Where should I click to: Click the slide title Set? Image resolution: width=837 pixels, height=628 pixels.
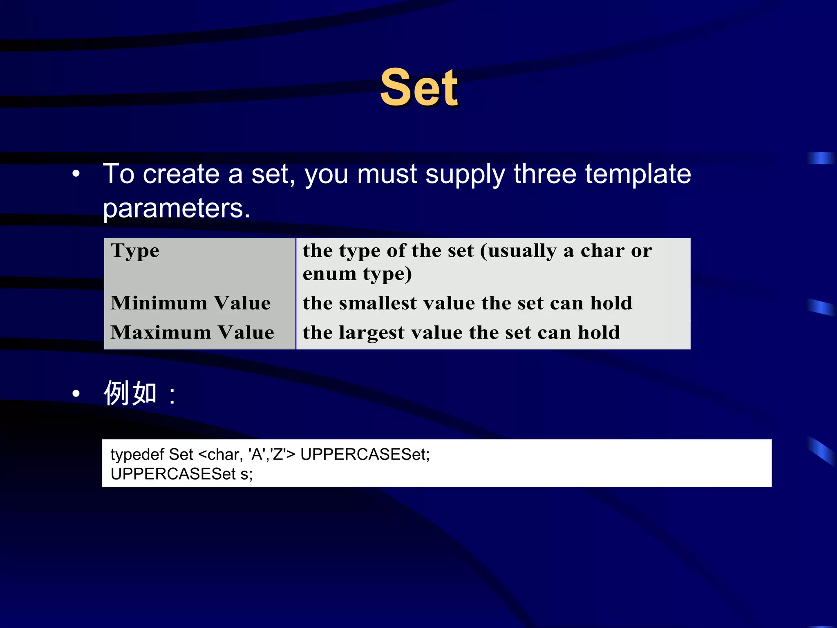tap(419, 87)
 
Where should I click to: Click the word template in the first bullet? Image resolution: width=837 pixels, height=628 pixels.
tap(638, 174)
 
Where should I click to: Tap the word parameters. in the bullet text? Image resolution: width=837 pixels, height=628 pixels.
tap(176, 209)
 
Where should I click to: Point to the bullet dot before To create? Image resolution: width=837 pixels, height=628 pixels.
tap(76, 174)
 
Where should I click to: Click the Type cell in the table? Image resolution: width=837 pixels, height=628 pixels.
tap(135, 251)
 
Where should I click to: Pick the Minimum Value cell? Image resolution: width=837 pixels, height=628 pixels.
tap(190, 303)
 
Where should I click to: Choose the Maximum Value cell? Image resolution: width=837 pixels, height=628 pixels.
tap(192, 332)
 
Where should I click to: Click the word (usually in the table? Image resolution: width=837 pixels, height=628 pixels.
tap(518, 251)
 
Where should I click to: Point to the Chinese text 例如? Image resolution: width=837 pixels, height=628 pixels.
tap(130, 393)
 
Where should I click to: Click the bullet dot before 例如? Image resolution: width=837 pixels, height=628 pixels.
tap(76, 394)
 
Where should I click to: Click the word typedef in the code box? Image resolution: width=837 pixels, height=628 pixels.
tap(137, 455)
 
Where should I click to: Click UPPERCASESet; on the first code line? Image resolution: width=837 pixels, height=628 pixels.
tap(365, 455)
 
